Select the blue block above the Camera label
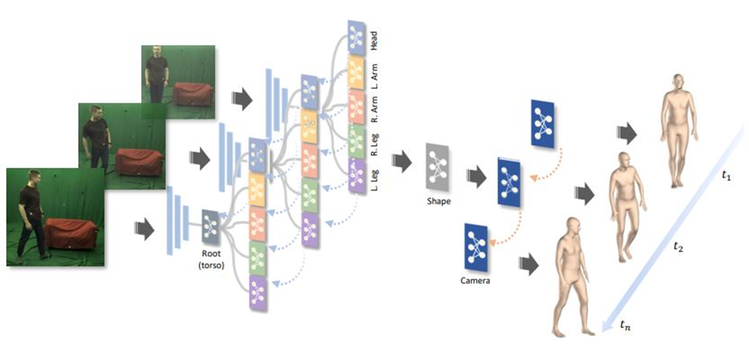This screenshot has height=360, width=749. point(476,248)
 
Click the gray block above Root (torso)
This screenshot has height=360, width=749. point(210,224)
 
